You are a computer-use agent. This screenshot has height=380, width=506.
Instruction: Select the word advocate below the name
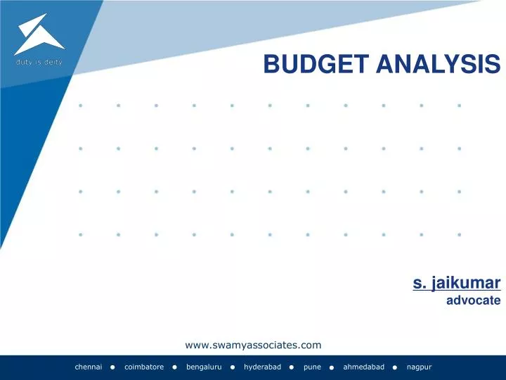tap(473, 300)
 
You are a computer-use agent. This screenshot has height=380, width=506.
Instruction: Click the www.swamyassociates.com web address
tap(253, 344)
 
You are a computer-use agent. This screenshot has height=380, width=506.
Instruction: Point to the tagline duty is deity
tap(39, 62)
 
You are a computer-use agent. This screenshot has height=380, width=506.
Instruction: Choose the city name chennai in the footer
tap(89, 367)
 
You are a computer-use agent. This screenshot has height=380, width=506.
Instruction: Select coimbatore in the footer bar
tap(144, 367)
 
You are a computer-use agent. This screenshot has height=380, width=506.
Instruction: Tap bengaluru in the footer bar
tap(204, 367)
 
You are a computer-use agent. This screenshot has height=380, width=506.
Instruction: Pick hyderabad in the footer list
tap(263, 367)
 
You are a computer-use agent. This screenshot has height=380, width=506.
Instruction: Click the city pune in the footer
tap(312, 367)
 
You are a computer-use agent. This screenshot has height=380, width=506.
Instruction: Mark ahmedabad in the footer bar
tap(364, 367)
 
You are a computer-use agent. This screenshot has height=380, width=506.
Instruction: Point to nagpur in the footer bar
tap(419, 367)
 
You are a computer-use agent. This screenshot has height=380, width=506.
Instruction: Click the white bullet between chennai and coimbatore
tap(112, 368)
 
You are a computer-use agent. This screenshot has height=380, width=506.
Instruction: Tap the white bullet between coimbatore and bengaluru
tap(174, 368)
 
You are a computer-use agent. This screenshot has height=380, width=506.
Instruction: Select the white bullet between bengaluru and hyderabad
tap(232, 368)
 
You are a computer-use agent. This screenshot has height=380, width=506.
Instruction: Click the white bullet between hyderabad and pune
tap(292, 368)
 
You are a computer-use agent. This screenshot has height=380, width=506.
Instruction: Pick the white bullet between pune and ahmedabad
tap(330, 368)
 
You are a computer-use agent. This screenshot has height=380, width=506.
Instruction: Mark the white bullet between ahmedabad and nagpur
tap(395, 368)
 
